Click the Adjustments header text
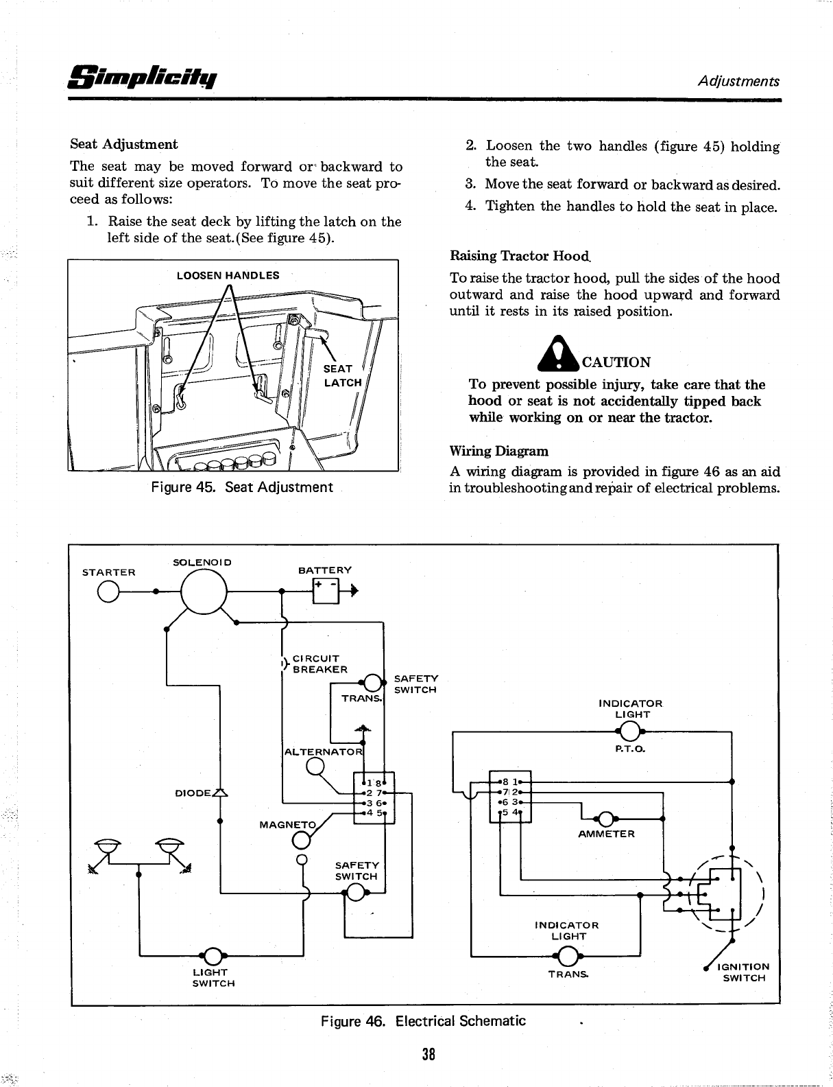tap(738, 81)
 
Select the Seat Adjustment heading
tap(124, 144)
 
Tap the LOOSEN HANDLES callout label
tap(228, 276)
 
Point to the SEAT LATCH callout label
tap(342, 375)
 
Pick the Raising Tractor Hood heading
tap(520, 256)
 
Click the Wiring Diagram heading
tap(498, 452)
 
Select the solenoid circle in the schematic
tap(204, 590)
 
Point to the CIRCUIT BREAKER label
tap(319, 664)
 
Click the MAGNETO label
tap(288, 824)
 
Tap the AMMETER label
tap(607, 834)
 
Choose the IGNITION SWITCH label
tap(743, 972)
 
